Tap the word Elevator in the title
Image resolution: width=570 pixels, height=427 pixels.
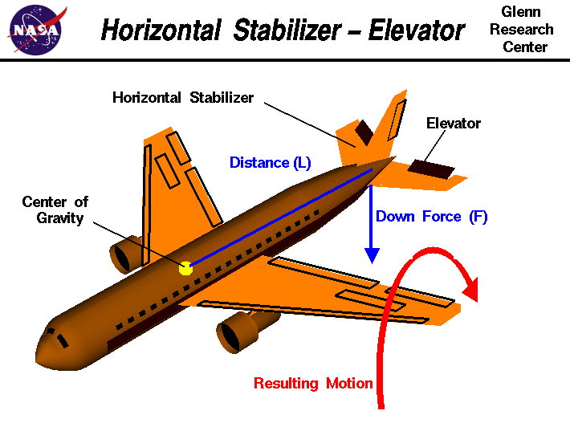417,31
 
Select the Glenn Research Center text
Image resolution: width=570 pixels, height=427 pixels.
527,30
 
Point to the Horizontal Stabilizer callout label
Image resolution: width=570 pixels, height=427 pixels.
183,98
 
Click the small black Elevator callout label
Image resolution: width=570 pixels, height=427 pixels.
454,123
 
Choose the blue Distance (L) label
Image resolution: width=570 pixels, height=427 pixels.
270,163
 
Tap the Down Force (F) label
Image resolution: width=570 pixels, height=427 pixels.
431,216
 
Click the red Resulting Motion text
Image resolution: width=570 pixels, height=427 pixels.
313,383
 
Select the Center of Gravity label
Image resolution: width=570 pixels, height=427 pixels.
55,209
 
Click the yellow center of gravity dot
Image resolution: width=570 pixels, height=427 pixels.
185,267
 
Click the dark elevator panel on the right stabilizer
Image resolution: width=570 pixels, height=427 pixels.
430,169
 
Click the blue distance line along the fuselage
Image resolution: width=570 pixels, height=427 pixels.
281,217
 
